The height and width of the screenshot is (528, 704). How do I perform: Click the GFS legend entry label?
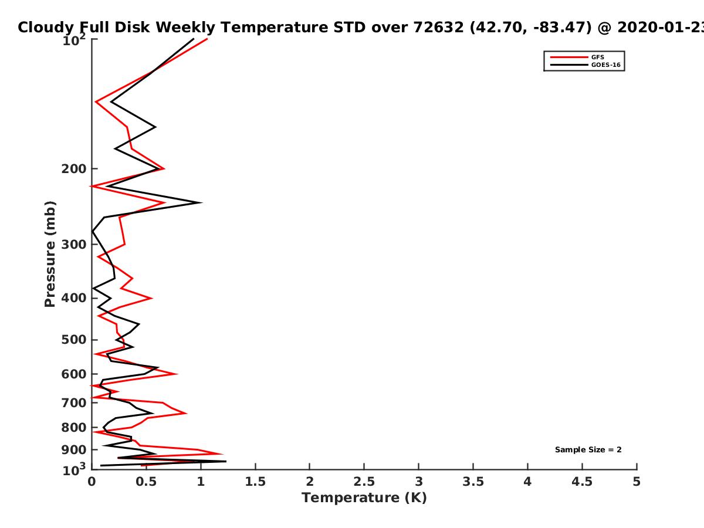point(597,57)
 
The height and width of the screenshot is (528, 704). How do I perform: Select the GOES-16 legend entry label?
point(605,65)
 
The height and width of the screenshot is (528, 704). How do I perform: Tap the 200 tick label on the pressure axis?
point(74,168)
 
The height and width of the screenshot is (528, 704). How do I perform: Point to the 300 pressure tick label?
point(74,245)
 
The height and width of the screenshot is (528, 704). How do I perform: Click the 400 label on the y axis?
point(74,298)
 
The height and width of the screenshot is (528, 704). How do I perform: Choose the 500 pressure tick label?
point(74,340)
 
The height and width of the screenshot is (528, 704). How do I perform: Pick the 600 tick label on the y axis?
point(74,374)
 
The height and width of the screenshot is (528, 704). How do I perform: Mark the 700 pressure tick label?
point(74,402)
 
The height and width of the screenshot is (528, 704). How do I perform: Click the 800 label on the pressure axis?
point(74,428)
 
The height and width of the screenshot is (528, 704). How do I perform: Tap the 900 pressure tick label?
point(74,450)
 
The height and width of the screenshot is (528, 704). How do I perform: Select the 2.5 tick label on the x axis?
point(364,482)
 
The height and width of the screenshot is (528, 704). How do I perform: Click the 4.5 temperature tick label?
point(582,482)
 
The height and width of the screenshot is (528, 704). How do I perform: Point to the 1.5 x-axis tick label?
point(255,482)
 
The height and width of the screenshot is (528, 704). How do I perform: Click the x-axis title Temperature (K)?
point(364,498)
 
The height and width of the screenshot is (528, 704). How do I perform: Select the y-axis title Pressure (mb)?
point(50,254)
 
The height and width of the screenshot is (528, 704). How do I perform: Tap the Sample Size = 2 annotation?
point(588,450)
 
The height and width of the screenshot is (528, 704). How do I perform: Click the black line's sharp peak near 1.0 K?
point(201,202)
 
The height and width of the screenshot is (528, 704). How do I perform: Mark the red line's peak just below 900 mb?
point(222,454)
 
